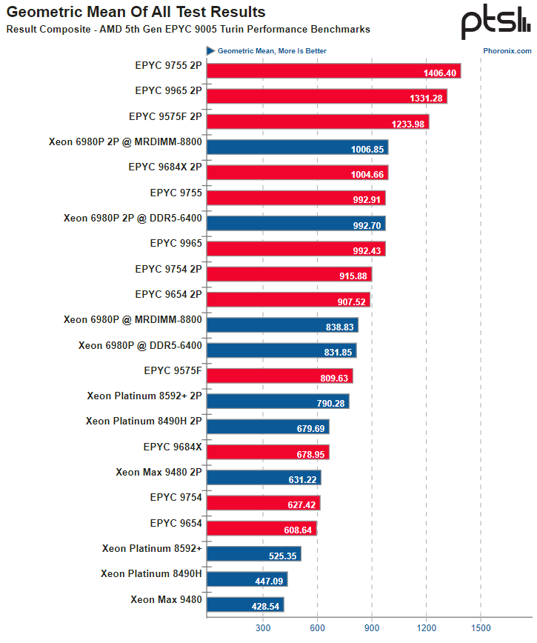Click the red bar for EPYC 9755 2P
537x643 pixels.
tap(333, 71)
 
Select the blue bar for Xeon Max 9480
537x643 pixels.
tap(245, 604)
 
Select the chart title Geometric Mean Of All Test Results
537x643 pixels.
tap(136, 13)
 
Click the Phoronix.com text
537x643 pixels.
tap(507, 51)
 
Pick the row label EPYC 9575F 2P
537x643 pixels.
tap(165, 116)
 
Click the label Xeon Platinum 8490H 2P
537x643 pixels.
tap(144, 422)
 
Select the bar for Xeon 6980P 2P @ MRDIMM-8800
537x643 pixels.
tap(297, 147)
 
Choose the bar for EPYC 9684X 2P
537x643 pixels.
tap(297, 173)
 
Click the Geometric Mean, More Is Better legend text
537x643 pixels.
tap(272, 51)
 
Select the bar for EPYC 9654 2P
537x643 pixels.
tap(288, 300)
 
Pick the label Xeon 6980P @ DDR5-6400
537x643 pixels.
tap(140, 345)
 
